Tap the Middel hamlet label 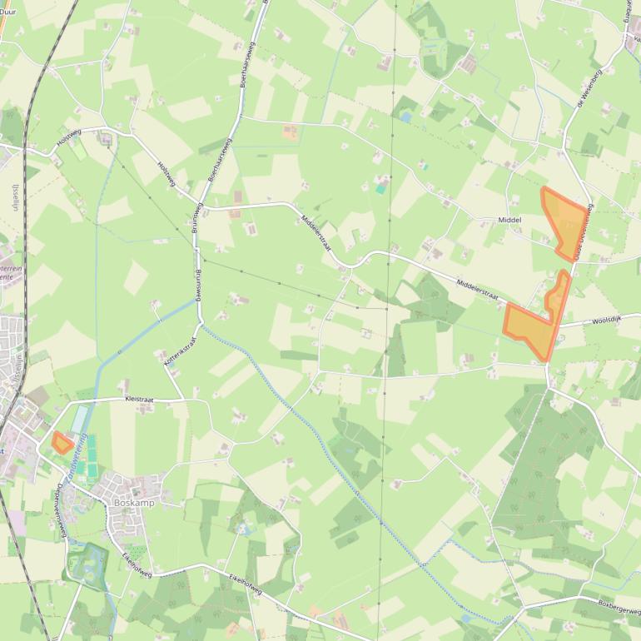click(x=509, y=220)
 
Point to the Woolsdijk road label click(x=607, y=320)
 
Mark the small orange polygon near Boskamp click(x=62, y=443)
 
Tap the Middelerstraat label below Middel click(x=476, y=290)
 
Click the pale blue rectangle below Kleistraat click(x=79, y=420)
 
